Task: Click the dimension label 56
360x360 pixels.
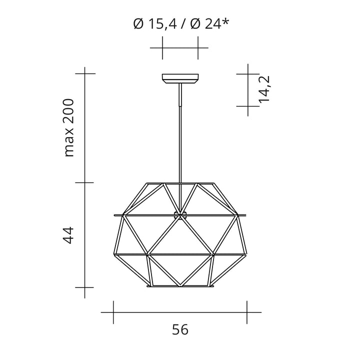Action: pyautogui.click(x=180, y=330)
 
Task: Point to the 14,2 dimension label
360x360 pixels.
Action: pyautogui.click(x=264, y=89)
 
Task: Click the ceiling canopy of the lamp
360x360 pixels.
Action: pyautogui.click(x=180, y=79)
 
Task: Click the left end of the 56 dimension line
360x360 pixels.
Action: pyautogui.click(x=113, y=312)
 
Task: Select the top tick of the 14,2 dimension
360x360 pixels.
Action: pyautogui.click(x=248, y=73)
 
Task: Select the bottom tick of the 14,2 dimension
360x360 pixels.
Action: pyautogui.click(x=248, y=106)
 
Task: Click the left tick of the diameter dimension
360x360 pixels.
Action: pyautogui.click(x=162, y=48)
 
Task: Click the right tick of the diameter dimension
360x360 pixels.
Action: pyautogui.click(x=198, y=48)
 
